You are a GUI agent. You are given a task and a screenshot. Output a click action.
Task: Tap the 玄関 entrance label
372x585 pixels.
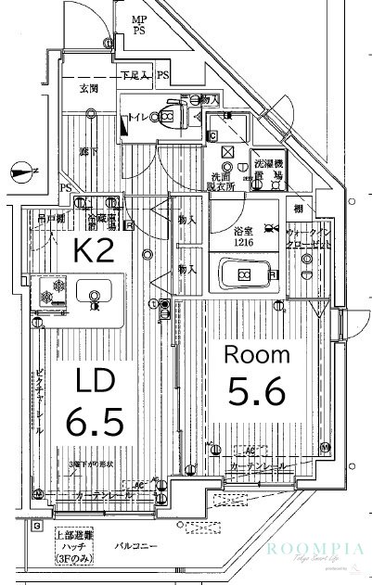pyautogui.click(x=89, y=89)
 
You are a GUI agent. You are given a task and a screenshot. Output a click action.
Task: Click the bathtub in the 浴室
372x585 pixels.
pyautogui.click(x=243, y=274)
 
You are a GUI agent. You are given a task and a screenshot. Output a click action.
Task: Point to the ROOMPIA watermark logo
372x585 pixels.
pyautogui.click(x=317, y=548)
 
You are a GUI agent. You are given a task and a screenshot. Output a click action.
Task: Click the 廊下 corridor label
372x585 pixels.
pyautogui.click(x=87, y=151)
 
